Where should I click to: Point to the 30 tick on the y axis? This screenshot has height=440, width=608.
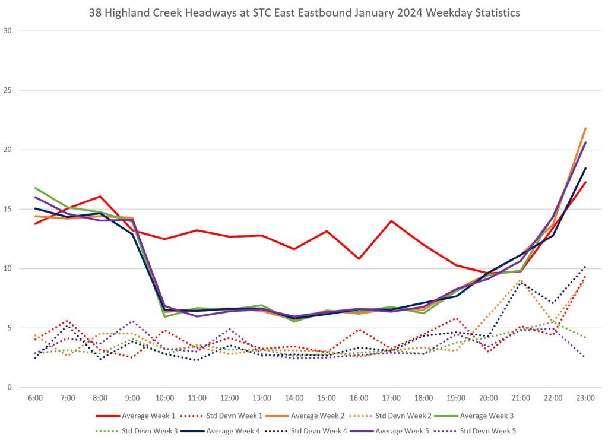(x=8, y=31)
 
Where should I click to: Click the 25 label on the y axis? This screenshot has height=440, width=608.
(x=8, y=90)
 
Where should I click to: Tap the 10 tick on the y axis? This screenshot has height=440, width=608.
(x=8, y=268)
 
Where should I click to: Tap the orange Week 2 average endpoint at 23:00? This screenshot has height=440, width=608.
(x=586, y=128)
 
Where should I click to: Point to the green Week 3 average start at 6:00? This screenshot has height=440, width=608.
(x=35, y=188)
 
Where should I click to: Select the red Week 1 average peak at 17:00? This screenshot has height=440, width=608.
(x=391, y=221)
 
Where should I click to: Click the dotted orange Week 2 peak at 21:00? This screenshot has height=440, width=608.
(x=521, y=280)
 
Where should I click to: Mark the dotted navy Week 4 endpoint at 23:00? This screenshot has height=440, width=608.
(x=586, y=266)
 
